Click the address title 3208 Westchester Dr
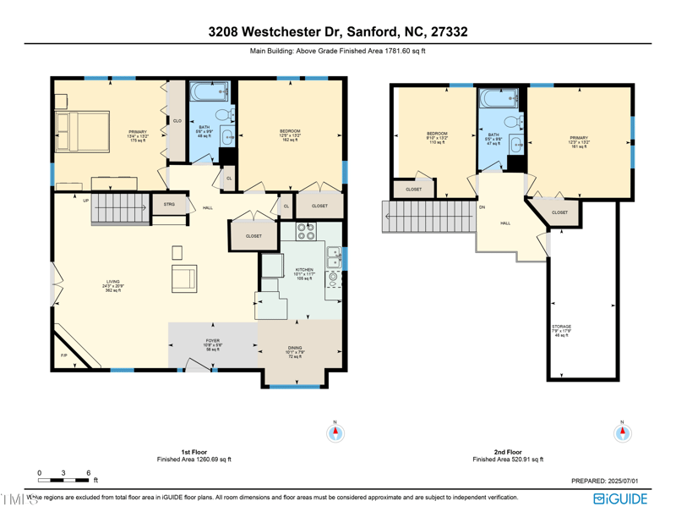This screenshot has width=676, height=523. click(338, 32)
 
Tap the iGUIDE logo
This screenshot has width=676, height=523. click(620, 498)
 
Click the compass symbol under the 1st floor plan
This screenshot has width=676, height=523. click(335, 433)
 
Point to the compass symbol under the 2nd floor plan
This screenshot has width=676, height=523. click(622, 433)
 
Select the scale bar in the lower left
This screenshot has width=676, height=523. click(63, 480)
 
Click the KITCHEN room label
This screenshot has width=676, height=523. click(304, 273)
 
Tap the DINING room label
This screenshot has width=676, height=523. click(295, 350)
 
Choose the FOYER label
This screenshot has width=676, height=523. click(213, 344)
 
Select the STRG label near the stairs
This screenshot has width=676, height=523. click(169, 204)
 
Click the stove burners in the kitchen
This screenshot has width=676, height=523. click(306, 232)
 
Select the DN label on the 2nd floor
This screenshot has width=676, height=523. click(482, 206)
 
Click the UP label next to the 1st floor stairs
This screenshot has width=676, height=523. click(86, 201)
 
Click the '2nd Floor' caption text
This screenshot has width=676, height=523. click(507, 452)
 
